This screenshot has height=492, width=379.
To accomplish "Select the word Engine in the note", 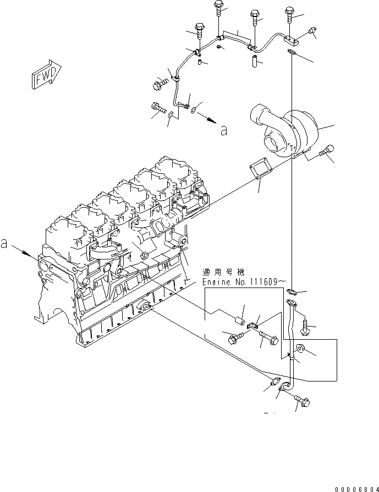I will click(x=216, y=281).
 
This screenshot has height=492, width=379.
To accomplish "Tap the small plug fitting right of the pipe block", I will click(x=313, y=31).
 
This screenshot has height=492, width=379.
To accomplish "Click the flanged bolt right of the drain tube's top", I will click(x=307, y=328).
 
